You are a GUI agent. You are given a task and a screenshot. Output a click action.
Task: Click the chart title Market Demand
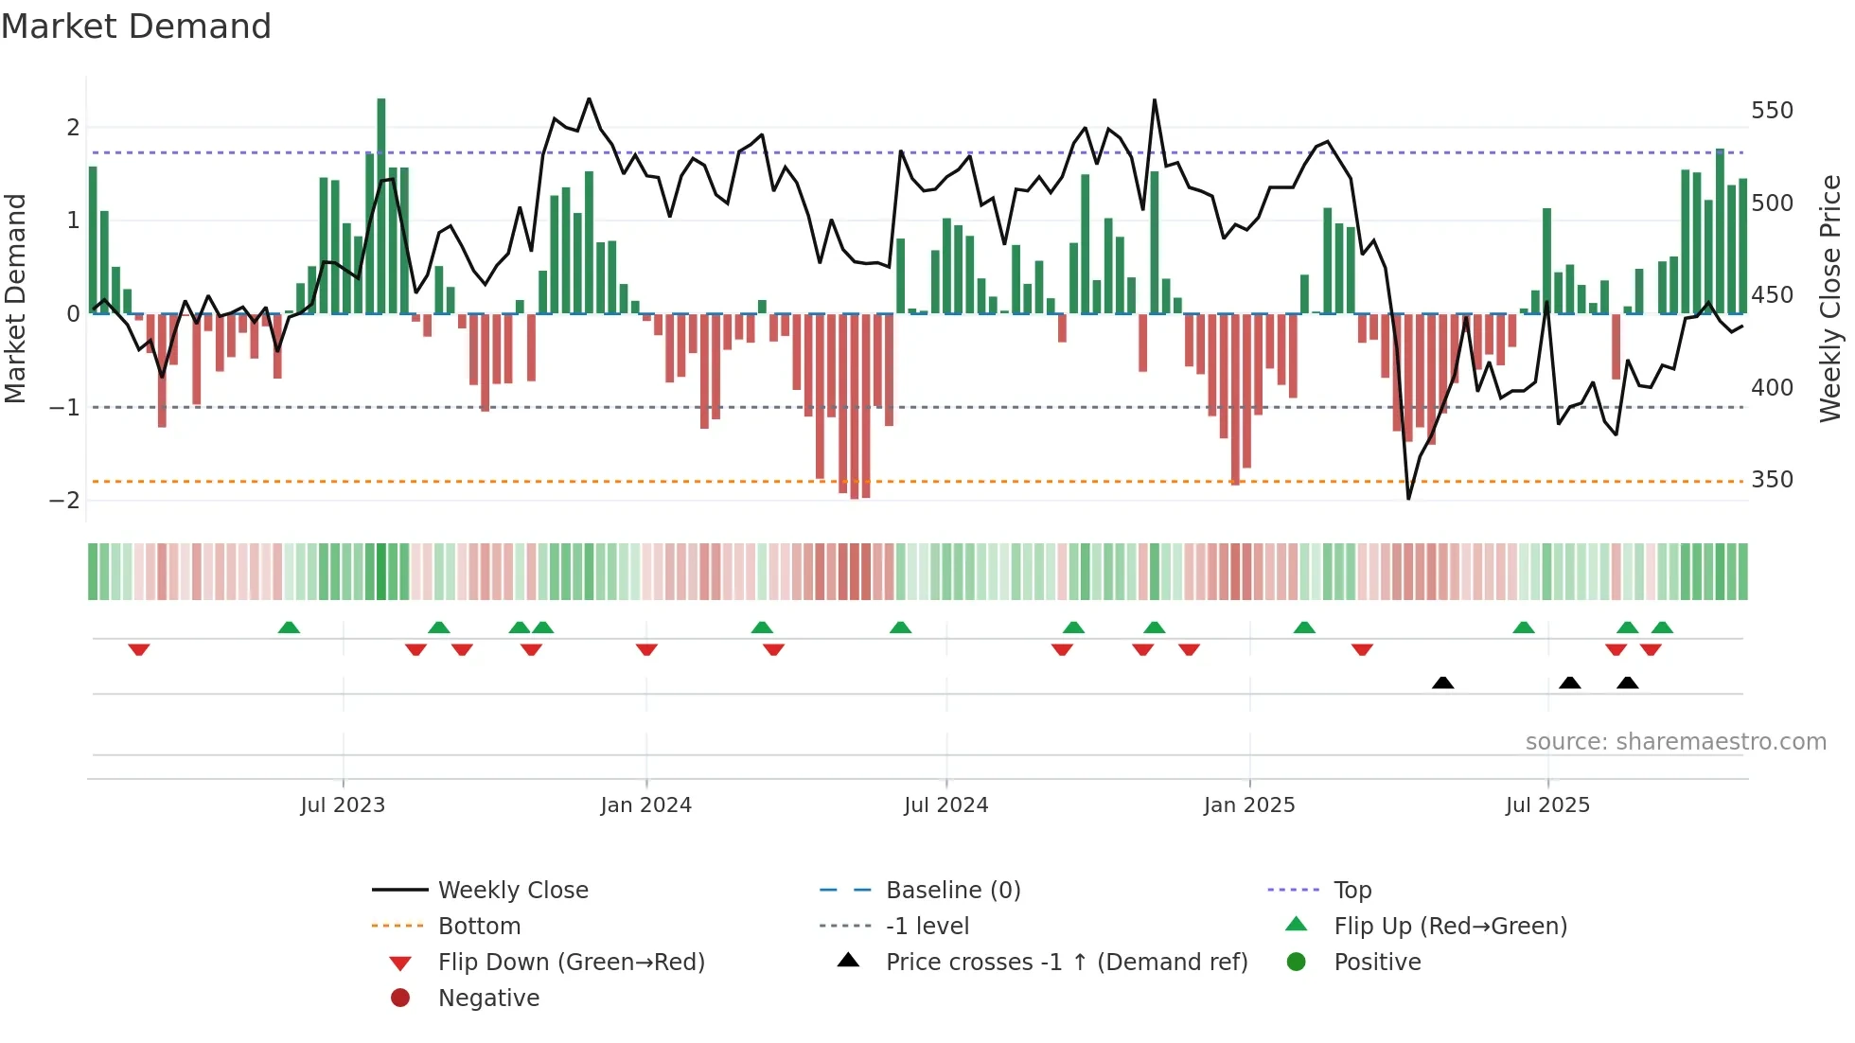[136, 27]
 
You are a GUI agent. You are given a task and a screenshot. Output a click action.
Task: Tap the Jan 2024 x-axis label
[645, 805]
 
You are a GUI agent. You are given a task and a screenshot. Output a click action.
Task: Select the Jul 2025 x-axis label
[1547, 805]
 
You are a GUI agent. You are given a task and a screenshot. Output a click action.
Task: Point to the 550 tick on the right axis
[1772, 111]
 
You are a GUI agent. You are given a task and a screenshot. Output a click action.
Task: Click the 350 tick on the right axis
[1772, 480]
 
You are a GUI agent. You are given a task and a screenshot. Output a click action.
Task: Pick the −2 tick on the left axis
[64, 500]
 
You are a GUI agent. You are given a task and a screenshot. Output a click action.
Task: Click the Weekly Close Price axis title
[1830, 298]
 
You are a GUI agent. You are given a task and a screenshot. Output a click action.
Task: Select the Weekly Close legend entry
[512, 891]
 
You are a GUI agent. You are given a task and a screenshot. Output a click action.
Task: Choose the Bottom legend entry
[479, 927]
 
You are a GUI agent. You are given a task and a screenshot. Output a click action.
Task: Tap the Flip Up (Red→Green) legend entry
[1450, 927]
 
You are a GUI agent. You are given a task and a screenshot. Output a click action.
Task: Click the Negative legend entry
[488, 999]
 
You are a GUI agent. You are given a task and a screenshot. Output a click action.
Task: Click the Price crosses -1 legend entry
[1066, 963]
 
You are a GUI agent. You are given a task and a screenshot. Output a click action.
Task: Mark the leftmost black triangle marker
[1442, 683]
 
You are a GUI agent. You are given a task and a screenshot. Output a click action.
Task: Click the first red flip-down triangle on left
[139, 649]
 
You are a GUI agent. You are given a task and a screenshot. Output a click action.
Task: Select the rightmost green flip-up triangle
[1662, 628]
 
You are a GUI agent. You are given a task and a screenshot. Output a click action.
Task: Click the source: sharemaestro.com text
[1675, 742]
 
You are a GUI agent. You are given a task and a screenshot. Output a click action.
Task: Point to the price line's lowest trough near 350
[1408, 497]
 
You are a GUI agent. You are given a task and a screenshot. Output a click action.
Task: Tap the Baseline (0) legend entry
[952, 891]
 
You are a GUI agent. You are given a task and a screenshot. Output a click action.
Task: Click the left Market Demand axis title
[16, 298]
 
